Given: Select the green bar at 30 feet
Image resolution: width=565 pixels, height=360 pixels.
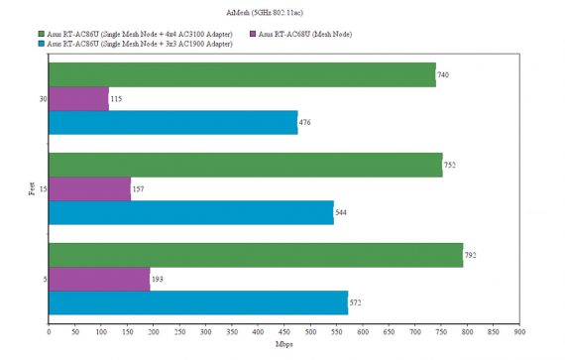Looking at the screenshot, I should point(242,74).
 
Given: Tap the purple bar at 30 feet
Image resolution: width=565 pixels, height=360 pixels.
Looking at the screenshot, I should point(78,99).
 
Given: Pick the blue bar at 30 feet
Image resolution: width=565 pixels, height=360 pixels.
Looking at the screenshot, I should point(172,123).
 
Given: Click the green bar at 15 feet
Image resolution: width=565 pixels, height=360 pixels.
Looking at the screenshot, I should point(245,165).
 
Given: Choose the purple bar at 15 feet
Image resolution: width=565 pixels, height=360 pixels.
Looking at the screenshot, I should point(89,188).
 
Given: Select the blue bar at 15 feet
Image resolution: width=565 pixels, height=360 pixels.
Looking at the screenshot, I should point(190,213).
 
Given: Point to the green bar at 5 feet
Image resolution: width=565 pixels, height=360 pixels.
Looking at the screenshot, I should point(256,255).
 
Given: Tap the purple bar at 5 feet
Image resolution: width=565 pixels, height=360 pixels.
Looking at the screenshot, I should point(99,280).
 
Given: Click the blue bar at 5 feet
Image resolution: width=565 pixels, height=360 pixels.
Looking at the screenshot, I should point(198,303).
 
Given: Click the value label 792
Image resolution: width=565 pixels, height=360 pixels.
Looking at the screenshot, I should point(472,256).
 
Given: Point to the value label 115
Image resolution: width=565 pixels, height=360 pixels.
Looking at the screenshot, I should point(118,99).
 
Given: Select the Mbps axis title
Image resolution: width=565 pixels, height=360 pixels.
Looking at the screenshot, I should point(283,344).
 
